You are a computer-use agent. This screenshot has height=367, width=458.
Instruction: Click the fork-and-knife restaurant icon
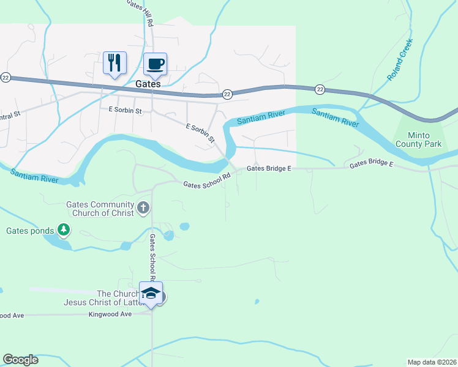coord(114,63)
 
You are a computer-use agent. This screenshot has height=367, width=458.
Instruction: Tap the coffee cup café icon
coord(155,64)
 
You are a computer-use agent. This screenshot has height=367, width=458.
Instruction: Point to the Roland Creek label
coord(400,60)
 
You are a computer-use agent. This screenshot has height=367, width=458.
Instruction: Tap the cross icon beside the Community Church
coord(143,208)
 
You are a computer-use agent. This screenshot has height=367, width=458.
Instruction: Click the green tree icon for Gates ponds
coord(63,230)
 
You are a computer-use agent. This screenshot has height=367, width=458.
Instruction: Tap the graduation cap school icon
coord(151,294)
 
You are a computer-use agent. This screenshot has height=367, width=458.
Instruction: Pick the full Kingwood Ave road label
coord(110,314)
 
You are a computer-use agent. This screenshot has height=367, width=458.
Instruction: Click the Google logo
coord(20,360)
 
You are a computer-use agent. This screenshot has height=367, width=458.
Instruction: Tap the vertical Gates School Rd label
coord(152,257)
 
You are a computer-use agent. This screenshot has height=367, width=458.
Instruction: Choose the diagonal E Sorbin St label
coord(200,133)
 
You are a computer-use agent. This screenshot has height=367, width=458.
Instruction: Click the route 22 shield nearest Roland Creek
coord(320,90)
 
